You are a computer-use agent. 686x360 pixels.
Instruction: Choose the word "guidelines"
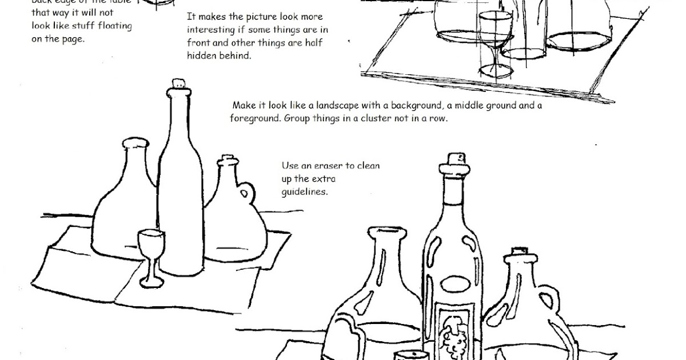pyautogui.click(x=304, y=193)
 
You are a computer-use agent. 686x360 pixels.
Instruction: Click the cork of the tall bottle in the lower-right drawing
pyautogui.click(x=455, y=158)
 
